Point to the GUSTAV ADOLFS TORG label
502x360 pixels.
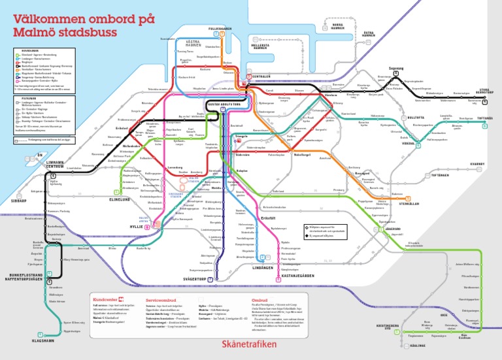tap(225, 104)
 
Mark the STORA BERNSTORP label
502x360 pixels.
tap(484, 92)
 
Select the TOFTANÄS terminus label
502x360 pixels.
tap(484, 119)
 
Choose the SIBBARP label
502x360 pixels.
tap(19, 202)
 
